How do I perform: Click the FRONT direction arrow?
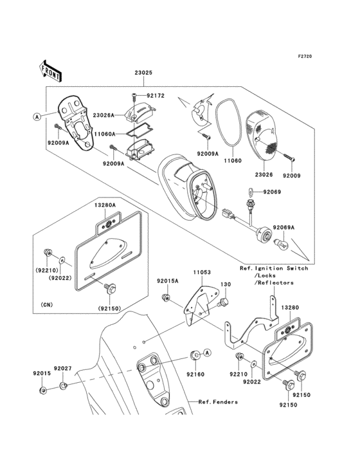tap(50, 71)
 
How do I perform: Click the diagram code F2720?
tap(305, 56)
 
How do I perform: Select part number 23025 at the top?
tap(143, 73)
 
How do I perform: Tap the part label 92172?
tap(156, 95)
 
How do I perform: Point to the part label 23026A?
tap(104, 115)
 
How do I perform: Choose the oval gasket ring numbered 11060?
tap(228, 122)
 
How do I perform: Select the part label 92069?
tap(272, 192)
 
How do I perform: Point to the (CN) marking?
tap(47, 304)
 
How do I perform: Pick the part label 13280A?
tap(105, 205)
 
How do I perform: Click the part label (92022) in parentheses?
tap(60, 278)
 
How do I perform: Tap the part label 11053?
tap(202, 272)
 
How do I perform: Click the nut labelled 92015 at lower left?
tap(43, 390)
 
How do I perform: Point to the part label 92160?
tap(195, 374)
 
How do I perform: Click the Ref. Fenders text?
tap(218, 402)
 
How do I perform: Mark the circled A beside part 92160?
tap(208, 353)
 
